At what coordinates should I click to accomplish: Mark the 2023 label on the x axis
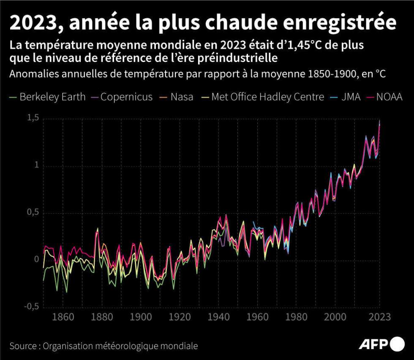[x=379, y=317]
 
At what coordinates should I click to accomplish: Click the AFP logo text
[x=373, y=344]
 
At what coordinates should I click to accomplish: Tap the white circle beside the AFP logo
[x=397, y=344]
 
